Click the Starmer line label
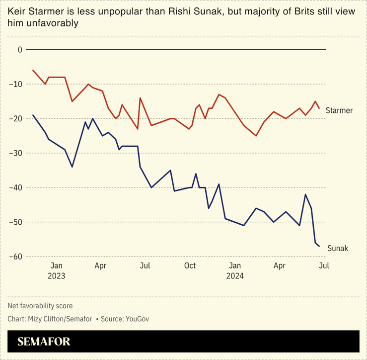[339, 110]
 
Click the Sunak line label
[337, 248]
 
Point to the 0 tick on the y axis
[20, 49]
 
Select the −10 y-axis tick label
[17, 84]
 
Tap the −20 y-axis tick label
[17, 118]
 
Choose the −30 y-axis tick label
[17, 153]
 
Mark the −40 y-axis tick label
[17, 187]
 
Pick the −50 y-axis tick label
[17, 222]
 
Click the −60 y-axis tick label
[17, 257]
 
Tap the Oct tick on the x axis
[190, 266]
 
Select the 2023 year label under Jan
[56, 275]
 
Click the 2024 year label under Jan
[235, 275]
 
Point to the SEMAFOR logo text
[44, 342]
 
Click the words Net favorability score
[40, 306]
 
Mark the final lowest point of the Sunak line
[319, 246]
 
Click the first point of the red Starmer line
[33, 70]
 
